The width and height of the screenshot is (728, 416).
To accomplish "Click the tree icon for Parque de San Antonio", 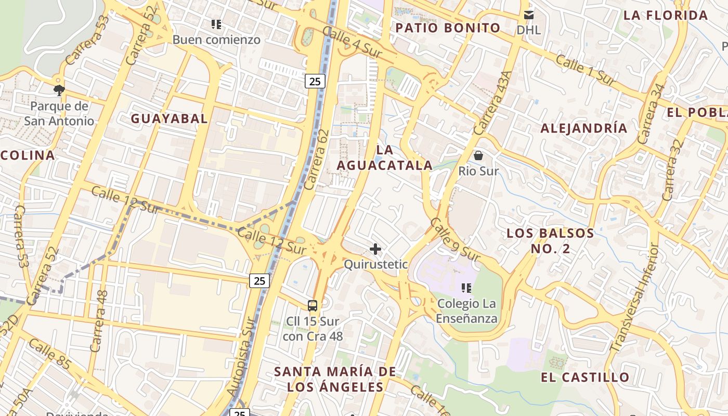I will (x=59, y=90).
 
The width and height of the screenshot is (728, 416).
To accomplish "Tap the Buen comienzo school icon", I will (x=216, y=24).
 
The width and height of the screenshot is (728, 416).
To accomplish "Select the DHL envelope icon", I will (x=529, y=15).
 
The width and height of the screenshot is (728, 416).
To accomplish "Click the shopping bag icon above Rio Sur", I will (x=478, y=155).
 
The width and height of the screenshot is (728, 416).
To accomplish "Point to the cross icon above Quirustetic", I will (x=375, y=249).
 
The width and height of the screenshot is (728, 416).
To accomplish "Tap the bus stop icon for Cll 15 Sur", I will (x=313, y=306).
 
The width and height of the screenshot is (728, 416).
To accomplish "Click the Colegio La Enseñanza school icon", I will (x=466, y=288).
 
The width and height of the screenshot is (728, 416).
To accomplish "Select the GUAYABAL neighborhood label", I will (x=169, y=119).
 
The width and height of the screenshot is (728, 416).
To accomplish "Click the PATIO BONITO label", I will (x=448, y=28).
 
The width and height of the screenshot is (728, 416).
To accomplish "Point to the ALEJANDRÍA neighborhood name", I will (x=584, y=128).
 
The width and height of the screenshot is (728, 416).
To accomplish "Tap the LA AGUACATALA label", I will (x=384, y=158).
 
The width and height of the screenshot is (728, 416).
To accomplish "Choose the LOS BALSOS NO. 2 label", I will (x=550, y=241).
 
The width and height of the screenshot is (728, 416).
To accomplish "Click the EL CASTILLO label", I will (x=585, y=378).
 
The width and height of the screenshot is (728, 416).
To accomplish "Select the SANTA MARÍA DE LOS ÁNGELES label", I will (x=335, y=379).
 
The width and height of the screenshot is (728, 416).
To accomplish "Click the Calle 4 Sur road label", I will (x=352, y=42).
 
